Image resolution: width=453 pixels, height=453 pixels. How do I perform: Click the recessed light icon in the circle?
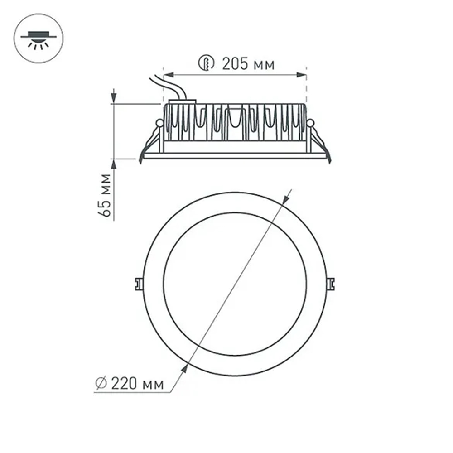pyautogui.click(x=39, y=39)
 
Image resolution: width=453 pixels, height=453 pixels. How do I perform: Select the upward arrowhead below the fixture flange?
pyautogui.click(x=114, y=164)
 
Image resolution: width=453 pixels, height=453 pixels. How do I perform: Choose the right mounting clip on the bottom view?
pyautogui.click(x=332, y=283)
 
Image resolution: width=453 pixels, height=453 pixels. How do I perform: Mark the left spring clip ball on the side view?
pyautogui.click(x=159, y=123)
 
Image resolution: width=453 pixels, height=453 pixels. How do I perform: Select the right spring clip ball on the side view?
pyautogui.click(x=310, y=123)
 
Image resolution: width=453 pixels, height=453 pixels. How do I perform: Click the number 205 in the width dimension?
pyautogui.click(x=235, y=64)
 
